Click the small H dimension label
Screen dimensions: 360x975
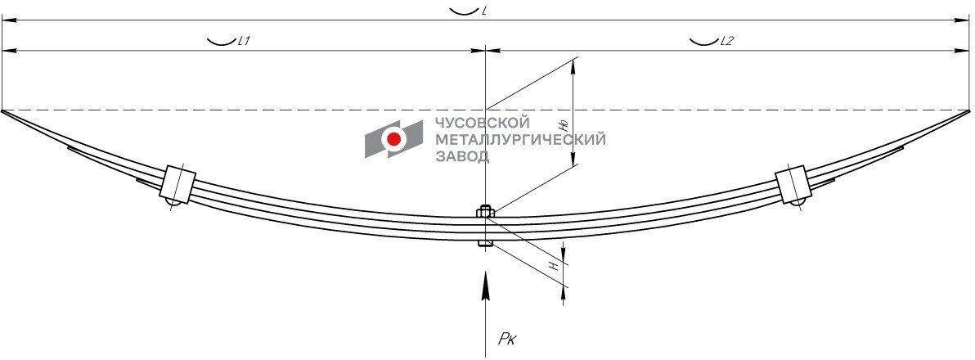click(554, 265)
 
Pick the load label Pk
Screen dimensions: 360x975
click(506, 338)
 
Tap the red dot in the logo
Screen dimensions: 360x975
click(394, 139)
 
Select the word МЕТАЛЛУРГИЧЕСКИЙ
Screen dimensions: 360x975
click(520, 139)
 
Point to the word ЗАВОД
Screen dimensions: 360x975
click(461, 155)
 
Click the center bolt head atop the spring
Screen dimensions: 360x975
click(484, 212)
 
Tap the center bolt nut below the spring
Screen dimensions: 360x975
click(484, 243)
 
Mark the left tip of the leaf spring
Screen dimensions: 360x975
click(3, 110)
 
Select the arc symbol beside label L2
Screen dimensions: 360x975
click(703, 41)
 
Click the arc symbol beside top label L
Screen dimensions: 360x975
click(462, 11)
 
